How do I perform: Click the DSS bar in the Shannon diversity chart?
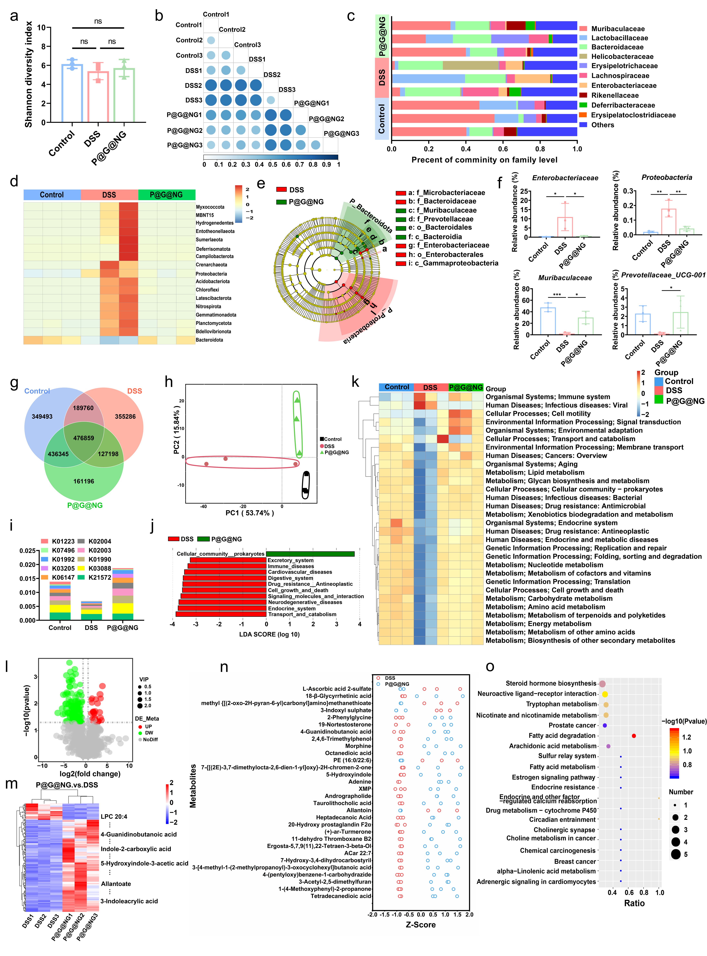(98, 96)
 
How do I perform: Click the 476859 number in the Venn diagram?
(83, 438)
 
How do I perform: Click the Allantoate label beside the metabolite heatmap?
(116, 884)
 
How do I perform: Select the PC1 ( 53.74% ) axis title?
(249, 513)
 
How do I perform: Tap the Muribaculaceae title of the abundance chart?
(565, 278)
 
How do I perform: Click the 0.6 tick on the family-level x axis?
(503, 149)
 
